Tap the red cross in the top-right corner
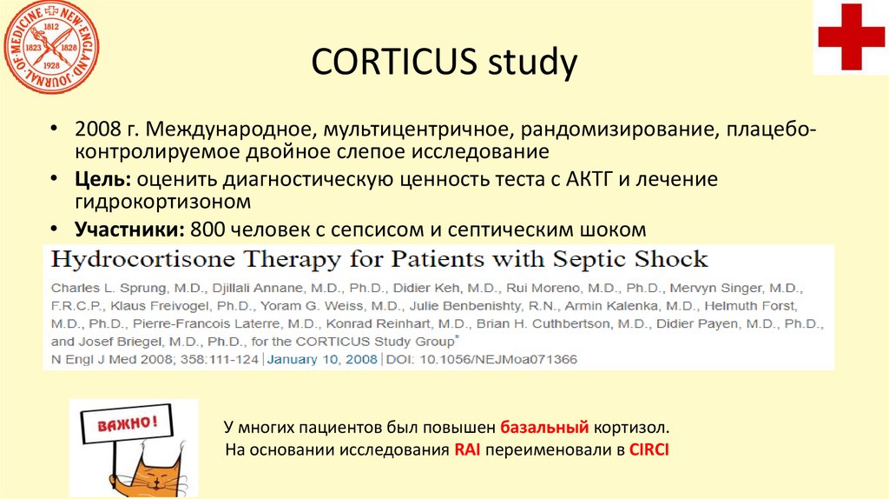(x=851, y=37)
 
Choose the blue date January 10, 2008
(x=322, y=358)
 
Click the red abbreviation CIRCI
(x=650, y=450)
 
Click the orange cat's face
(x=156, y=474)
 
